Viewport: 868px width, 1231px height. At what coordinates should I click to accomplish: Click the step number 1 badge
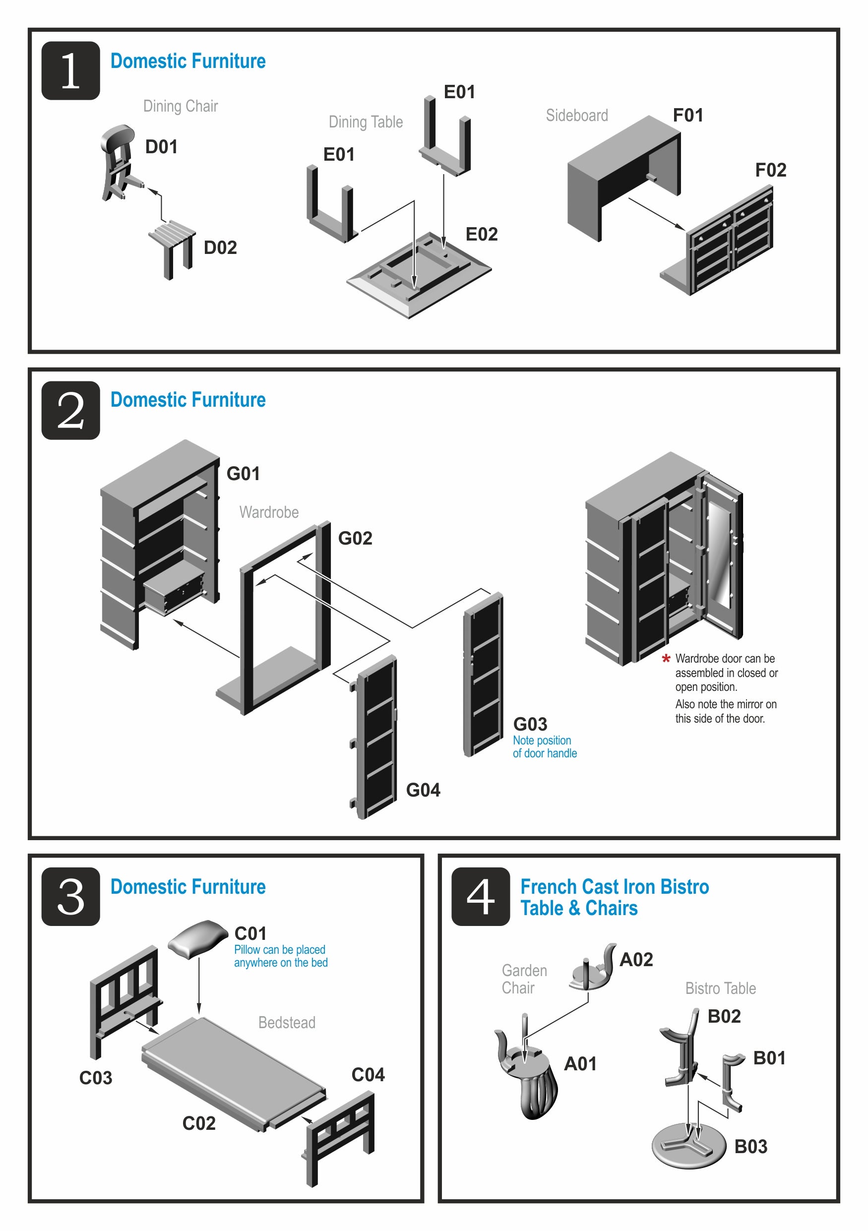[71, 71]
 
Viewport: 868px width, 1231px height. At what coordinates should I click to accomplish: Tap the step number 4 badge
[480, 896]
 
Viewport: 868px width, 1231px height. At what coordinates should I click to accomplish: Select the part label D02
[220, 247]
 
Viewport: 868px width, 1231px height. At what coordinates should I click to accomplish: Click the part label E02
[482, 234]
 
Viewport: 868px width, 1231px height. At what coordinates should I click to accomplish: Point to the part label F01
[687, 115]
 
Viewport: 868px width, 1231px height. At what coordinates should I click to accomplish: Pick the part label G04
[423, 790]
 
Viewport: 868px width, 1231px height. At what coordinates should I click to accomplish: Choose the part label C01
[250, 933]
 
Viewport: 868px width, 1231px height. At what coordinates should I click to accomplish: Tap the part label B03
[750, 1147]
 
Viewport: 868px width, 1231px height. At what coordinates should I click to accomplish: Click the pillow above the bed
[198, 938]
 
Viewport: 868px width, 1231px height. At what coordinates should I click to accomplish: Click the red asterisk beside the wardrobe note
[666, 659]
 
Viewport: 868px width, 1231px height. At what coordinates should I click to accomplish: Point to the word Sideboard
[577, 115]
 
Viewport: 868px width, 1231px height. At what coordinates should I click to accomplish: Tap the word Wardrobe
[269, 512]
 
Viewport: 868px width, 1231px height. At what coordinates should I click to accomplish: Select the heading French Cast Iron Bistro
[615, 887]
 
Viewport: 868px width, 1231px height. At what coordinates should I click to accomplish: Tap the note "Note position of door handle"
[544, 747]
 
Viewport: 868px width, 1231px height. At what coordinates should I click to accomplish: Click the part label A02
[636, 960]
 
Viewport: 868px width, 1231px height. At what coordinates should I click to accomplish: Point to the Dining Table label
[366, 122]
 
